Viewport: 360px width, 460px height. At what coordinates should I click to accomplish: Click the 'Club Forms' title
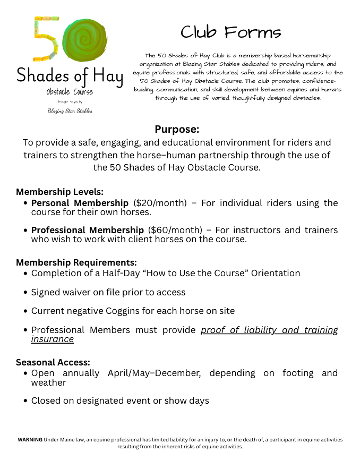point(230,32)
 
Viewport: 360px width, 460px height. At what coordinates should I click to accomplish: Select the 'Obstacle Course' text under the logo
point(70,92)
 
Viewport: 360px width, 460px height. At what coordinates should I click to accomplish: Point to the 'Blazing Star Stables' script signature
point(70,111)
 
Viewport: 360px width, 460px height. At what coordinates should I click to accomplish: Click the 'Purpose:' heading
point(177,129)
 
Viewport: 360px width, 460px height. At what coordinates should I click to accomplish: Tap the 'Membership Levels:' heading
point(59,192)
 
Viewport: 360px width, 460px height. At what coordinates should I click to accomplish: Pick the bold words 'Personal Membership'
point(80,203)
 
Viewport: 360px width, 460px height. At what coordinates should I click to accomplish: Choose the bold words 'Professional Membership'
point(88,230)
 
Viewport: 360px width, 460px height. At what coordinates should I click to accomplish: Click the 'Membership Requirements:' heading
point(76,262)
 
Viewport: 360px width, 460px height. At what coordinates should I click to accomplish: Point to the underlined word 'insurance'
point(52,339)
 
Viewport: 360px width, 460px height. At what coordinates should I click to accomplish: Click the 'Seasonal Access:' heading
point(53,362)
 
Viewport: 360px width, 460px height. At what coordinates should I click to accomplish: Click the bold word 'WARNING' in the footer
point(30,440)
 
